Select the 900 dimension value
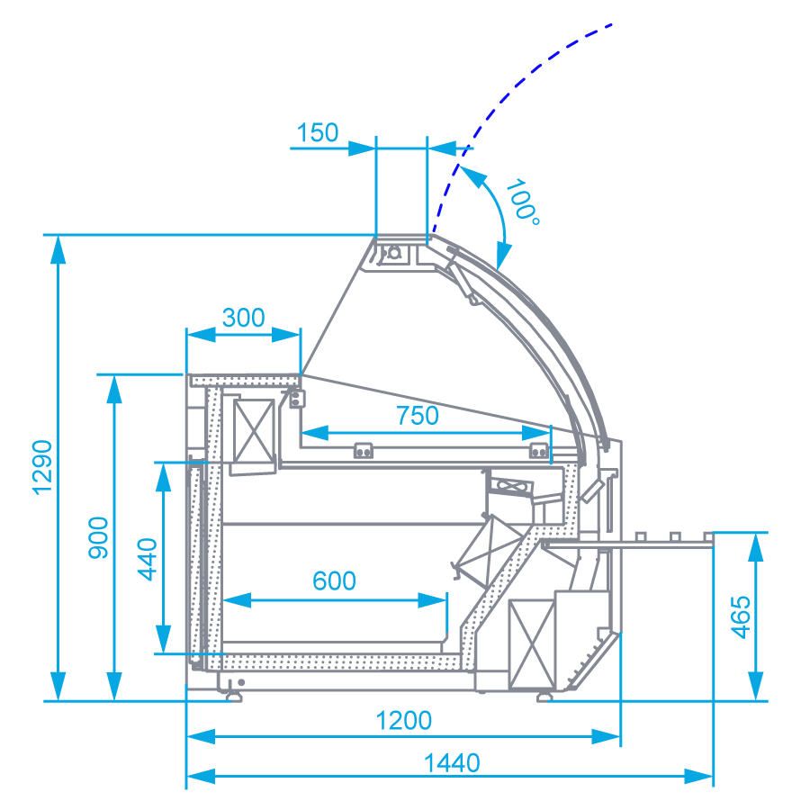point(99,537)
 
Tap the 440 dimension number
point(148,558)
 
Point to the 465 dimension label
point(740,616)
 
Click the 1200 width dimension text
point(403,721)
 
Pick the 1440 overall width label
point(452,763)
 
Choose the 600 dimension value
point(334,581)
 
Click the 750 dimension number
point(417,416)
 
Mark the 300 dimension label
point(243,318)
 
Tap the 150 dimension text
point(318,133)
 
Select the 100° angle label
point(522,202)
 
